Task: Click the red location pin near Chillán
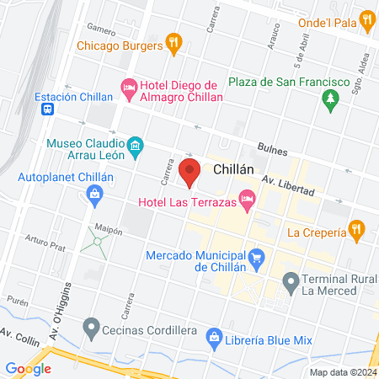pos(189,171)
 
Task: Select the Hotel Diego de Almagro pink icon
pos(130,87)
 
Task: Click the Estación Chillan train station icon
pos(49,109)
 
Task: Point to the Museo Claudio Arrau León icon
pos(135,151)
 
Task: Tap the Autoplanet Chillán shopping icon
pos(93,197)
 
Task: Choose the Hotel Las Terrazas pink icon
pos(247,200)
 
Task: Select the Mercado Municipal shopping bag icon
pos(257,256)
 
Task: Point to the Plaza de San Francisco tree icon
pos(331,99)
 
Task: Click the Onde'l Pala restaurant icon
pos(366,19)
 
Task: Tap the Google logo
pos(28,368)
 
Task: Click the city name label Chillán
pos(234,168)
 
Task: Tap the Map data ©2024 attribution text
pos(342,371)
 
